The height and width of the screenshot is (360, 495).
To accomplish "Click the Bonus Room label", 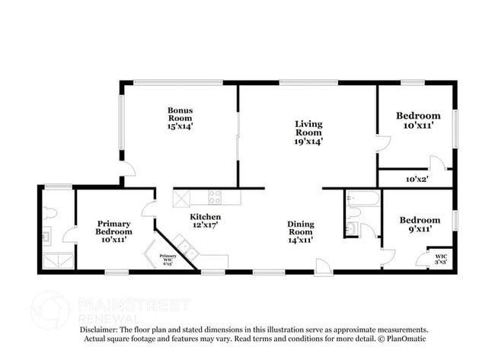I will point(180,118).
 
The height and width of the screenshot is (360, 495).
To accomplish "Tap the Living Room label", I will point(309,131).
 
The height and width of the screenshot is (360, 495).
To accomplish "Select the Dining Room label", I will point(301,231).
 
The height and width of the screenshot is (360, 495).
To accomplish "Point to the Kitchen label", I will point(206,221).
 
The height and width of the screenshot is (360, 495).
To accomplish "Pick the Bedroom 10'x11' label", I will point(418,120).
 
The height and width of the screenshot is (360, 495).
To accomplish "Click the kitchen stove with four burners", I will point(215,197).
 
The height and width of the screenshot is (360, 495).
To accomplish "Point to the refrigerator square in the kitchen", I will point(183,198).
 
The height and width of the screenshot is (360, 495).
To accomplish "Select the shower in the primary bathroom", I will point(56,261).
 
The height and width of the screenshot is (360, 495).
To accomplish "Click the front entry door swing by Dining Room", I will point(324,266).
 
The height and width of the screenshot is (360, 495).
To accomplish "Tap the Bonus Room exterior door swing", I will point(127,168).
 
